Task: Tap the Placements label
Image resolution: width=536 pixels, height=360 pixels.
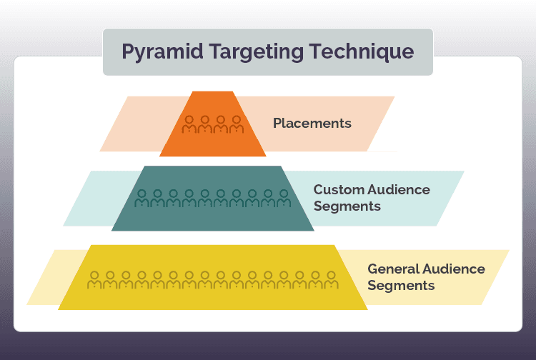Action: point(312,123)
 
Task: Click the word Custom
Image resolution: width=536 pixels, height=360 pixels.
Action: point(338,190)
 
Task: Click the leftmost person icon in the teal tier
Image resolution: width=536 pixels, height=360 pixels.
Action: point(142,199)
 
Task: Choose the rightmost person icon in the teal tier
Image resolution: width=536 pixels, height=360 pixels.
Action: point(284,199)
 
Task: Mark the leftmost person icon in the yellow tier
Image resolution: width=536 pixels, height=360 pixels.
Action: point(94,279)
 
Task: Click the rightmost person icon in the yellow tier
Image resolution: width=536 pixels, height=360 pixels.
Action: point(331,279)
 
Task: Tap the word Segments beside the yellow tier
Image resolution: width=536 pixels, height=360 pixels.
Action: point(401,285)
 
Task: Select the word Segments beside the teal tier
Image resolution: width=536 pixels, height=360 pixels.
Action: point(347,206)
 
